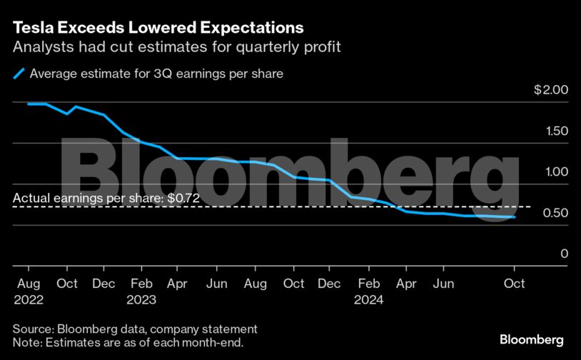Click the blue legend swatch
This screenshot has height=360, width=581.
pos(19,73)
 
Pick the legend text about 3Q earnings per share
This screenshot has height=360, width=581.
pos(157,73)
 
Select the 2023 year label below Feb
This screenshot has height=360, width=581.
pos(141,300)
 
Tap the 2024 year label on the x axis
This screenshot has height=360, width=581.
pos(368,300)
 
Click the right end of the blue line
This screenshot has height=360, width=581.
pos(515,217)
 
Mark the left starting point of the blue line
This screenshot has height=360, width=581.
pos(29,104)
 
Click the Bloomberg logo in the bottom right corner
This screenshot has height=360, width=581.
pos(531,339)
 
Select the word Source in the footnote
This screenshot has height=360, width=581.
pos(32,329)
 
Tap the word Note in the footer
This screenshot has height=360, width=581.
pos(26,342)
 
